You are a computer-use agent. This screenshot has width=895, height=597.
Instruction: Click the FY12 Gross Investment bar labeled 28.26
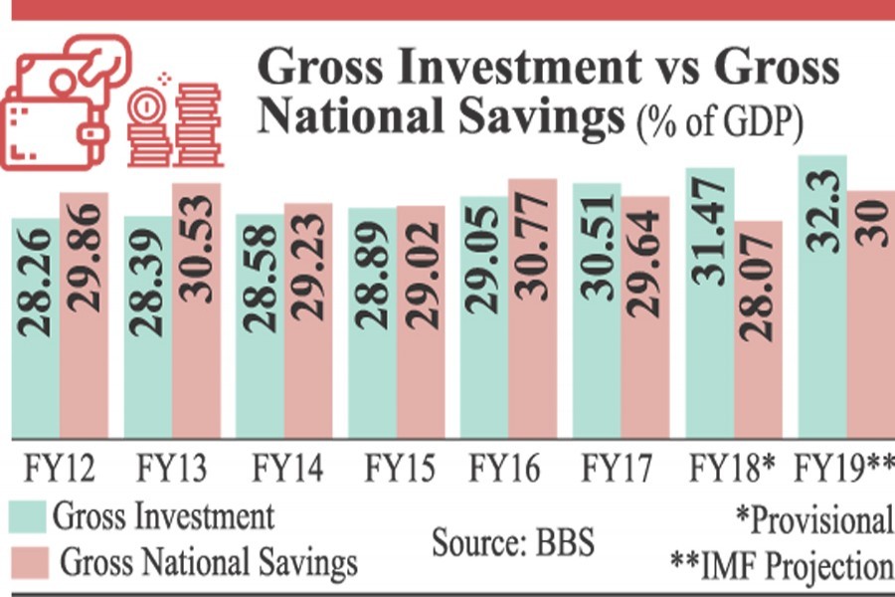coord(36,328)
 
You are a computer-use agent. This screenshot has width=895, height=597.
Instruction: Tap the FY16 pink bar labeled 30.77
coord(533,308)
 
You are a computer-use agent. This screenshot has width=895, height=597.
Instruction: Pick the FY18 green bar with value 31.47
coord(710,303)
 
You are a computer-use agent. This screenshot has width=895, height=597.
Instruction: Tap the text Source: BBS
coord(512,543)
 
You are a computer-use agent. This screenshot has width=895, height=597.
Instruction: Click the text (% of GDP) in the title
coord(720,123)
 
